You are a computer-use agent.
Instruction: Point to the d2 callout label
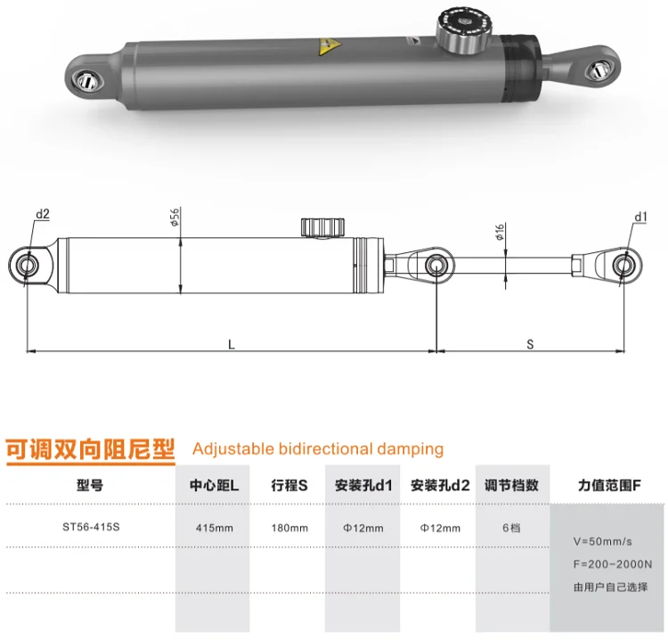pyautogui.click(x=43, y=214)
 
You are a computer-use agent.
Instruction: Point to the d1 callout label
pyautogui.click(x=640, y=217)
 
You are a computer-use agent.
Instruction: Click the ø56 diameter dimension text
pyautogui.click(x=175, y=217)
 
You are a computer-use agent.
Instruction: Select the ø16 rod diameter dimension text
pyautogui.click(x=500, y=232)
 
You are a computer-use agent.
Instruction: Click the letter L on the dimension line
pyautogui.click(x=232, y=344)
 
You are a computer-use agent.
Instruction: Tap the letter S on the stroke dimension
pyautogui.click(x=530, y=344)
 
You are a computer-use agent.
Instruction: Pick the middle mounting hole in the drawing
pyautogui.click(x=436, y=266)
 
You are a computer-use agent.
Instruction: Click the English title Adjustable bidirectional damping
pyautogui.click(x=318, y=449)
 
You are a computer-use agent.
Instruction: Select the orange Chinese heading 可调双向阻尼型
pyautogui.click(x=90, y=449)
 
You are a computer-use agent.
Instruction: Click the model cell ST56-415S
pyautogui.click(x=91, y=527)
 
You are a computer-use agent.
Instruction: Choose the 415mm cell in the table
pyautogui.click(x=215, y=528)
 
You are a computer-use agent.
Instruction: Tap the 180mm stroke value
pyautogui.click(x=289, y=528)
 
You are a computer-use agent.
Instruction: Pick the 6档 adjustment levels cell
pyautogui.click(x=511, y=528)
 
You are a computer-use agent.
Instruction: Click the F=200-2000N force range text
pyautogui.click(x=613, y=564)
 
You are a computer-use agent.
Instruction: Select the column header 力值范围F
pyautogui.click(x=609, y=485)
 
